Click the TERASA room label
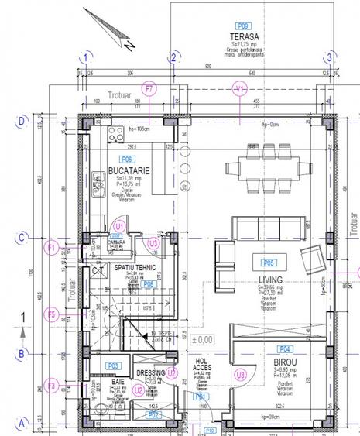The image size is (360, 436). point(244,38)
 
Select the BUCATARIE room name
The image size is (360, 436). point(128,169)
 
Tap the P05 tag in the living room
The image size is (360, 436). point(269,261)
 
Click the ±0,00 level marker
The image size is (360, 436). point(204,339)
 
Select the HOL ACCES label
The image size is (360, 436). point(201,365)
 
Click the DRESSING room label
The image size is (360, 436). point(150,372)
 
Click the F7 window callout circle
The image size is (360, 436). point(150,89)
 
